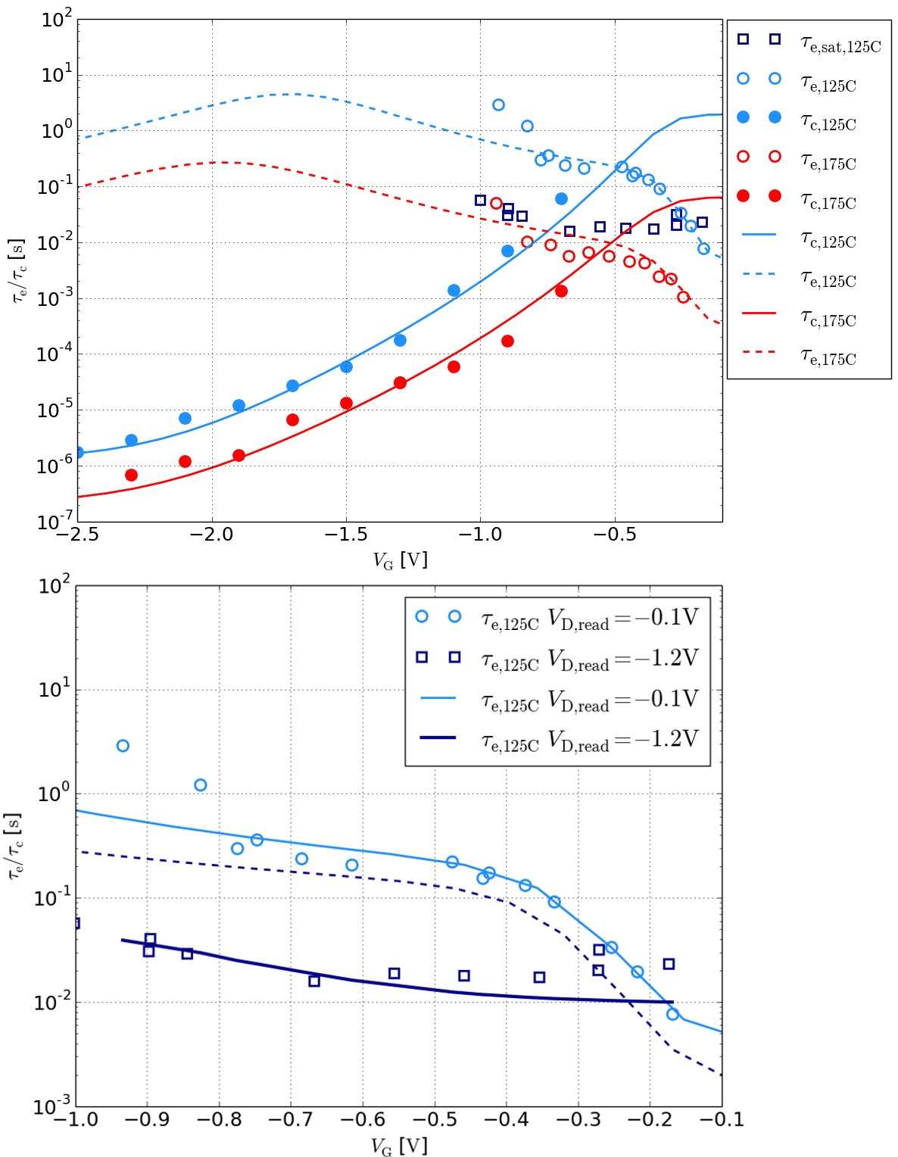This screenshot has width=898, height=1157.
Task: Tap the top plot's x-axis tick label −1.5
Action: point(346,535)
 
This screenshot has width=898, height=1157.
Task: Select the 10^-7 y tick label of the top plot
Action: point(53,522)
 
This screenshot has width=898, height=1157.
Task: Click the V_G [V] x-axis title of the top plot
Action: point(400,560)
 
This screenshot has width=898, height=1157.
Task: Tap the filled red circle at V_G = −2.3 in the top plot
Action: point(131,475)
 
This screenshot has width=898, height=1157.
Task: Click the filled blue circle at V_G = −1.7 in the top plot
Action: point(292,385)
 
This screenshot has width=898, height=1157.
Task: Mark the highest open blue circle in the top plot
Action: point(498,104)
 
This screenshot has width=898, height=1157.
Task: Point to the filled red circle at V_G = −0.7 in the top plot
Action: point(561,291)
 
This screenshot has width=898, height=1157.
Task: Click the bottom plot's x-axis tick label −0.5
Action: point(435,1119)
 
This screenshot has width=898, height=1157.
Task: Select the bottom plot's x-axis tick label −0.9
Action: point(147,1119)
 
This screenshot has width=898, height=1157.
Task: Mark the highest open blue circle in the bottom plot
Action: point(123,746)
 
